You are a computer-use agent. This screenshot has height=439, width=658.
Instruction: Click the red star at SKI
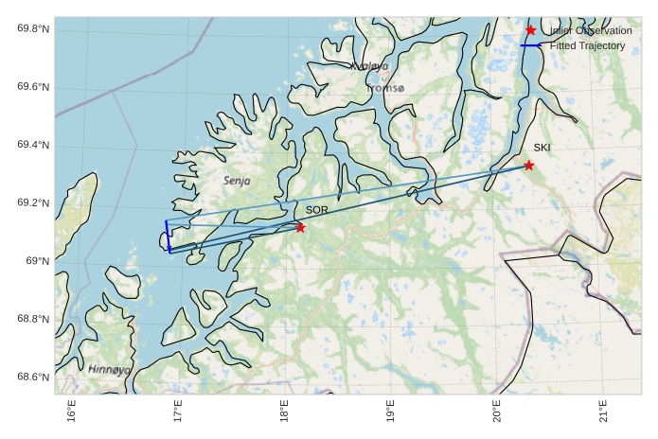tap(528, 166)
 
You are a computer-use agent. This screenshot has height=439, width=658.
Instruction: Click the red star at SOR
tap(300, 227)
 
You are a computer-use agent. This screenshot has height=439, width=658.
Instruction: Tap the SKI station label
tap(542, 148)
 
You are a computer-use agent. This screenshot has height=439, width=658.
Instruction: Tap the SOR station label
tap(316, 210)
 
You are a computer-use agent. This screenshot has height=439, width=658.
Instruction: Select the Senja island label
tap(238, 180)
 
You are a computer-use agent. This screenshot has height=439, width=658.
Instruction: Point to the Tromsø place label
tap(384, 88)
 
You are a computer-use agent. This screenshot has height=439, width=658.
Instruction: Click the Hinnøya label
tap(110, 369)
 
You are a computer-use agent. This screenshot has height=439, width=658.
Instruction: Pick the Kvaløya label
tap(369, 66)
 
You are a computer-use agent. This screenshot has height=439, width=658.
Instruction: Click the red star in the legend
tap(530, 30)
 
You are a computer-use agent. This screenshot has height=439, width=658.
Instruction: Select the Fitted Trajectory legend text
tap(587, 45)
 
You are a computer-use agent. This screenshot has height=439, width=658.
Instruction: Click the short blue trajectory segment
tap(168, 237)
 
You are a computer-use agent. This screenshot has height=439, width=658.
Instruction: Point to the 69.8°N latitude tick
tap(33, 29)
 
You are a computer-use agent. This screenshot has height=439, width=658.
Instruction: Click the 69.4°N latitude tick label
tap(33, 145)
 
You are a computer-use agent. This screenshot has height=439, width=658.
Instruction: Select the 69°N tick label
tap(37, 261)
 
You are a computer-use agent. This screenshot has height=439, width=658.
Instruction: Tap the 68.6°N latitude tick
tap(33, 378)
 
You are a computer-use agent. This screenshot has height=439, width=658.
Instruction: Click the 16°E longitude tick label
tap(72, 413)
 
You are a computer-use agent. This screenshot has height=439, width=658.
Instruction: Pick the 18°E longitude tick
tap(284, 413)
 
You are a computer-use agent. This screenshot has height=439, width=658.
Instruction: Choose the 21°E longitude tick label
tap(603, 413)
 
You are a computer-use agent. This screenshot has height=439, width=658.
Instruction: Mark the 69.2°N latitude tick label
tap(33, 203)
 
